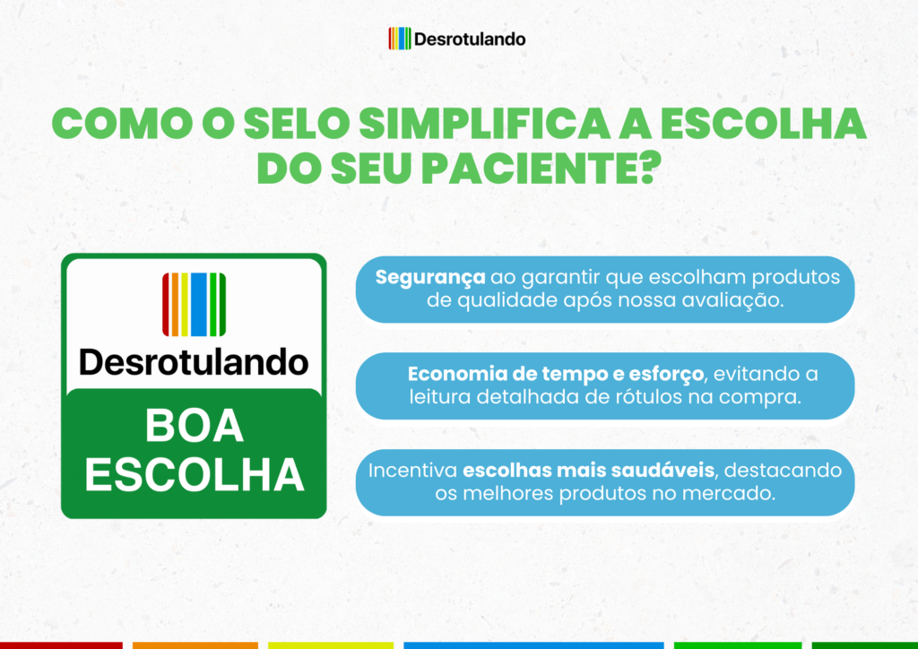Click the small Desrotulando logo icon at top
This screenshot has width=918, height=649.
399,39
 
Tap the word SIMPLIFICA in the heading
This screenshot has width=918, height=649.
485,124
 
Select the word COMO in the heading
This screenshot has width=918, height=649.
123,124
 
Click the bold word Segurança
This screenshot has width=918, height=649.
430,277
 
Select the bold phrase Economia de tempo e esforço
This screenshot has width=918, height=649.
556,374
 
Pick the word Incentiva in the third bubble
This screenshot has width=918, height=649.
412,470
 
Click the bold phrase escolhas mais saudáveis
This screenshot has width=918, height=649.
588,470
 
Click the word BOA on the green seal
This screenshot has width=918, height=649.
195,426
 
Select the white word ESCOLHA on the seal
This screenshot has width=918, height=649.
195,474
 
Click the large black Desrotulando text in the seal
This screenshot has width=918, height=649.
194,361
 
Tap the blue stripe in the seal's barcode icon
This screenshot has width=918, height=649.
199,304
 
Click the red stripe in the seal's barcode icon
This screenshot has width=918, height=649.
166,304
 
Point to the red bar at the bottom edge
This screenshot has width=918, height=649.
62,645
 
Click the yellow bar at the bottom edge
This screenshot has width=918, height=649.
331,645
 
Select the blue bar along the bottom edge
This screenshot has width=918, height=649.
534,645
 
